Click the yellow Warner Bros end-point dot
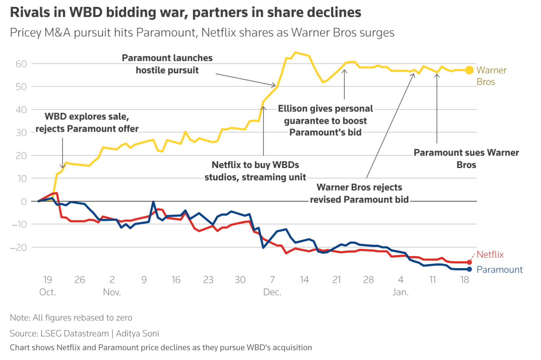tap(469, 70)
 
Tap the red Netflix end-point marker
tap(469, 262)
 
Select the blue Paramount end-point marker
tap(469, 269)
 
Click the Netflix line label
tap(490, 255)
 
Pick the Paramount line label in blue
tap(499, 270)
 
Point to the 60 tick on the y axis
tap(21, 64)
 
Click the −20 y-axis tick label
tap(18, 247)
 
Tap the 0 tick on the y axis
tap(24, 201)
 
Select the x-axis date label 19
tap(48, 280)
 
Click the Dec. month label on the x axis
tap(272, 292)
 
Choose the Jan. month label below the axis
tap(400, 292)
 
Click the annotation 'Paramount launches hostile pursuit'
tap(167, 64)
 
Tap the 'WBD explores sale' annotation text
tap(87, 116)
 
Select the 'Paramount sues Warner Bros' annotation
tap(466, 159)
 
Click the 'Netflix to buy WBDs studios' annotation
tap(255, 171)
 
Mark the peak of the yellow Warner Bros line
tap(296, 52)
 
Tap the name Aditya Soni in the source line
tap(137, 334)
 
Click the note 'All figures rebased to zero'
tap(82, 318)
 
